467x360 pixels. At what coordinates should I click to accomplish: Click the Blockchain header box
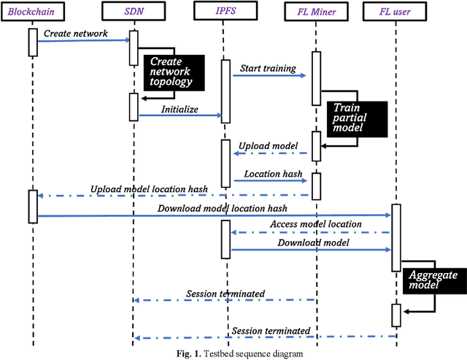tap(34, 10)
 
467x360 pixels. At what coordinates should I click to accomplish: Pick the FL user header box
tap(396, 10)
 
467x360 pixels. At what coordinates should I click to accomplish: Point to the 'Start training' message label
tap(269, 69)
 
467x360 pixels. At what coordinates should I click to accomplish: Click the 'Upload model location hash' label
tap(150, 189)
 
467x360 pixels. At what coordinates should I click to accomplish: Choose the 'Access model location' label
tap(315, 223)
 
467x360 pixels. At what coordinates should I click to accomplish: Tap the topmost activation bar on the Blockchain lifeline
tap(33, 42)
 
